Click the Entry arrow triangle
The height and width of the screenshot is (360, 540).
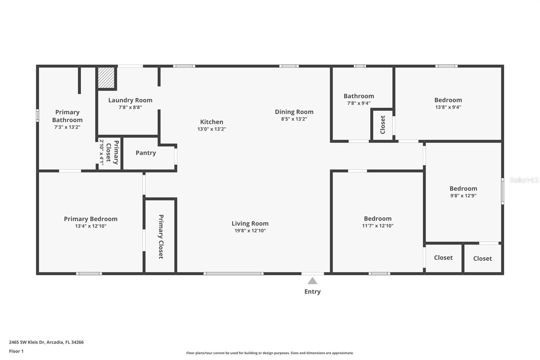pos(313,281)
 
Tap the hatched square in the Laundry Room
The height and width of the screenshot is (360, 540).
pos(106,78)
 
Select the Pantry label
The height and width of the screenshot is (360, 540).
pos(146,153)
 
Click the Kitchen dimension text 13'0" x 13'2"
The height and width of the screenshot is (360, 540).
pos(212,129)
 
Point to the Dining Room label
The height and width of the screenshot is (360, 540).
pos(294,112)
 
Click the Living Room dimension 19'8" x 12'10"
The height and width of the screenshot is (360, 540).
pos(250,231)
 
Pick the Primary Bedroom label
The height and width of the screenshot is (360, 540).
pos(91,219)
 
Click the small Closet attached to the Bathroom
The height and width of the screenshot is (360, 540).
pos(382,125)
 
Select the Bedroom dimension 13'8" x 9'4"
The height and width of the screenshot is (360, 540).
pos(448,107)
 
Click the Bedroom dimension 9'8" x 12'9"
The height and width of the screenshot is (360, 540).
pos(463,196)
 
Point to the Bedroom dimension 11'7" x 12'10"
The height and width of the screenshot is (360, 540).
pos(378,226)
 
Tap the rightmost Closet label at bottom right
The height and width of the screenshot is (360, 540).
pos(482,259)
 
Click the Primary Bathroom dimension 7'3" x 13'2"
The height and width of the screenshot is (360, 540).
pos(67,127)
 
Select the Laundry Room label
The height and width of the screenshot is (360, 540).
pos(130,100)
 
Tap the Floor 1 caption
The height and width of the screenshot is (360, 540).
pos(16,351)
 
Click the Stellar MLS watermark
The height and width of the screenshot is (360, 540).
pos(524,180)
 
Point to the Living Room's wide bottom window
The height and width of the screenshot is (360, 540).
pos(234,274)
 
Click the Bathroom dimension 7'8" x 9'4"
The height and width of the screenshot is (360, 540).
pos(359,103)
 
